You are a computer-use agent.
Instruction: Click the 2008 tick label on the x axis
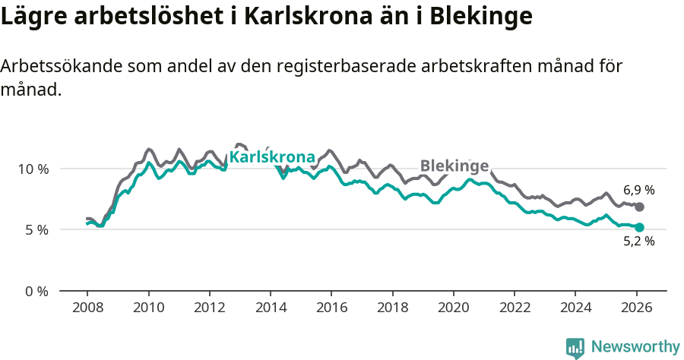(x=87, y=308)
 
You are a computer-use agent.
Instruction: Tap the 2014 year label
(x=271, y=308)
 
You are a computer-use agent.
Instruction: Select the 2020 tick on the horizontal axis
(x=454, y=308)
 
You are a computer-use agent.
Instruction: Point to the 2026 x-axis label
(x=636, y=308)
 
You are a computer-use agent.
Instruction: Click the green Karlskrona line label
(x=272, y=157)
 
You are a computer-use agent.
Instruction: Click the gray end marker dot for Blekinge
(x=640, y=207)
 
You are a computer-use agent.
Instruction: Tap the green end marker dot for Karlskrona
(x=640, y=227)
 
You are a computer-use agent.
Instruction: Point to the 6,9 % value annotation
(x=639, y=190)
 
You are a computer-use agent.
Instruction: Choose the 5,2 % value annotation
(x=639, y=242)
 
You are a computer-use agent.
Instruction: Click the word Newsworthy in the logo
(x=635, y=347)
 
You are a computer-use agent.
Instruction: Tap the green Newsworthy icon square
(x=575, y=348)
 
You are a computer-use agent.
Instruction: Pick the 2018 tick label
(x=393, y=308)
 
